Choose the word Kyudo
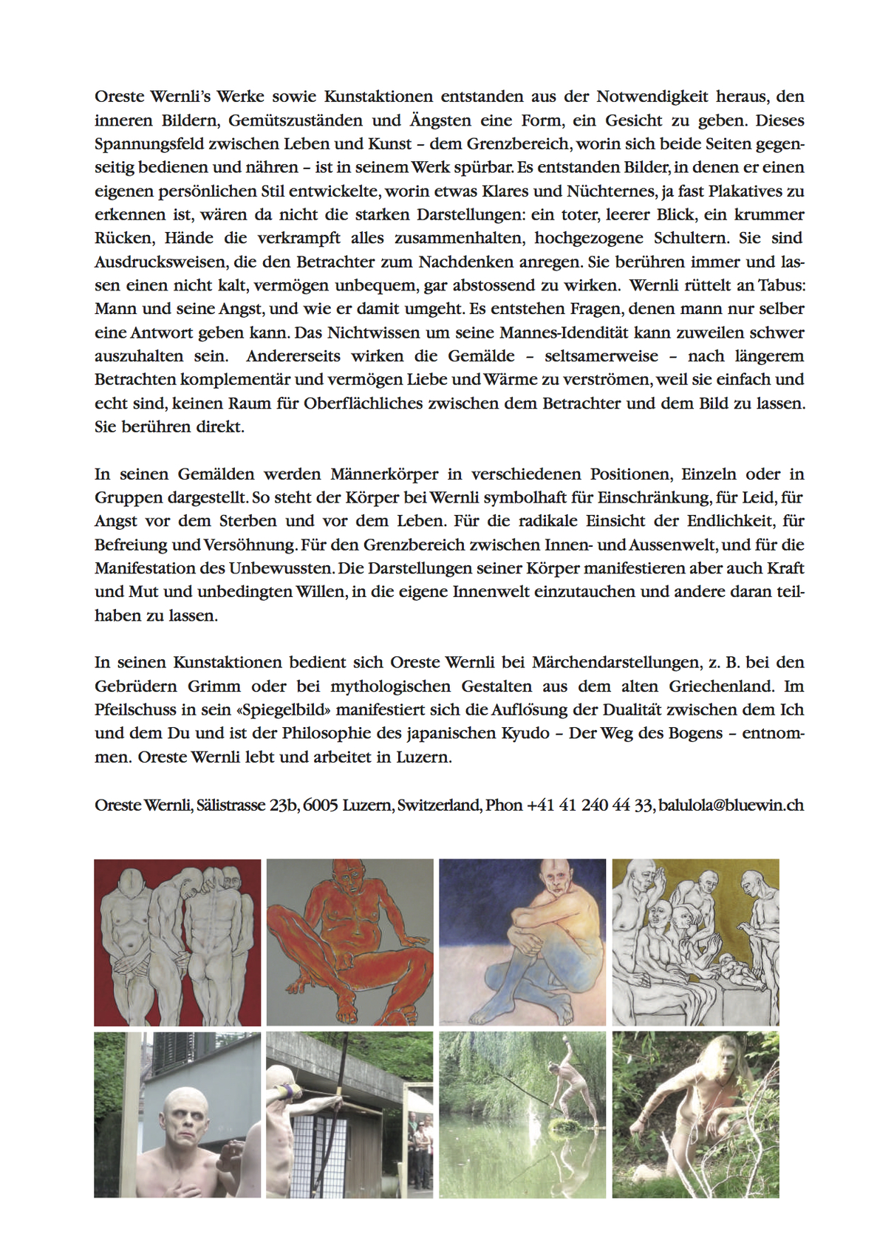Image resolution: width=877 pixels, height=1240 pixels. click(x=529, y=734)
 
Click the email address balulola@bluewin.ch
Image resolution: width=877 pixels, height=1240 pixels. click(x=731, y=805)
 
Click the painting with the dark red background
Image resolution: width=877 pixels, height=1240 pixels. click(x=177, y=941)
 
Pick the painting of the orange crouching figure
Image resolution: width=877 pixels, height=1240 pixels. click(x=349, y=941)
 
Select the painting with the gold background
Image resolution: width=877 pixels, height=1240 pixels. click(x=695, y=941)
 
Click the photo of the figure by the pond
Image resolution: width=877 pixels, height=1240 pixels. click(x=522, y=1114)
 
